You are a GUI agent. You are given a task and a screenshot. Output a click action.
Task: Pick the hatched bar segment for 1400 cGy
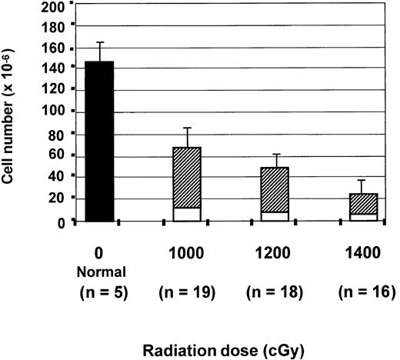coord(362,203)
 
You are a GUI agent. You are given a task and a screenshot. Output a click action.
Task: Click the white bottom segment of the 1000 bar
coord(187,215)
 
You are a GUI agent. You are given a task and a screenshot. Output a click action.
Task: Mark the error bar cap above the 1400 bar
coord(362,180)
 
